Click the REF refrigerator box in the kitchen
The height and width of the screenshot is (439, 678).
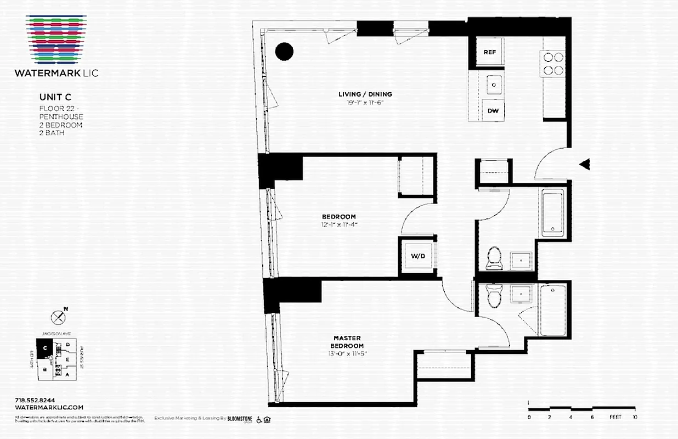coord(490,52)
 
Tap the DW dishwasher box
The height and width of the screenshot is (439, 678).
coord(493,111)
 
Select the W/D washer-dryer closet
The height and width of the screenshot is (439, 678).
coord(418,256)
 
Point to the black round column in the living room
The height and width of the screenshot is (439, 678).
coord(284,52)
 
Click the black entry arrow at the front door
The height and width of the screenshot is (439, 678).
coord(585,164)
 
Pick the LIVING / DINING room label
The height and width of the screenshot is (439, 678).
coord(365,94)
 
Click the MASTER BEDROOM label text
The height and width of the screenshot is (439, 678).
coord(348,342)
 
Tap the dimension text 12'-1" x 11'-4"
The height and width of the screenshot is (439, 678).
coord(338,224)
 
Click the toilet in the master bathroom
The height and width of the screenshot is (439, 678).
coord(494,296)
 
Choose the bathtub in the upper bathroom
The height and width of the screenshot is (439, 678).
coord(553,213)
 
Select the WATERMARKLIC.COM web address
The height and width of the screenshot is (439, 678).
coord(49,407)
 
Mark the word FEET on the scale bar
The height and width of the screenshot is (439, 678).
coord(615,418)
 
